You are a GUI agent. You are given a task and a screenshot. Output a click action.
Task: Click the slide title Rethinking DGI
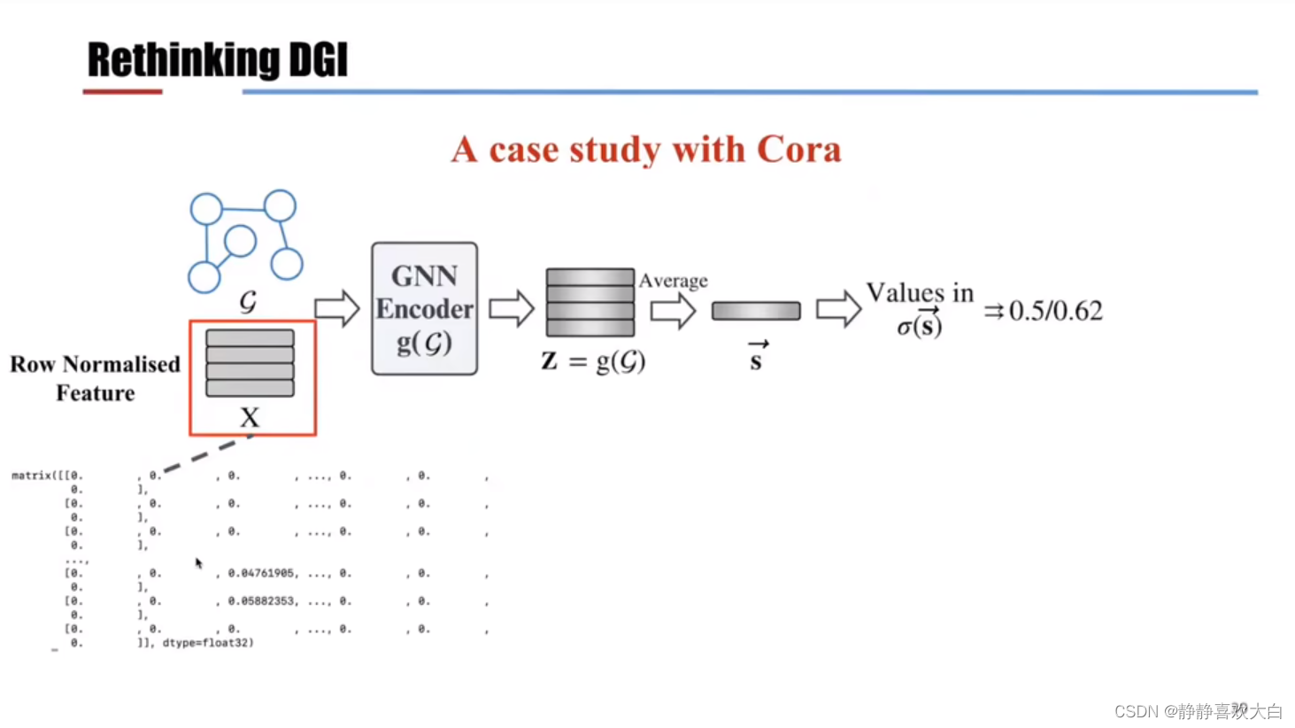(x=217, y=60)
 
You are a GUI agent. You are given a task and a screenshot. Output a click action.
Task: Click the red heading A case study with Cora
(x=645, y=150)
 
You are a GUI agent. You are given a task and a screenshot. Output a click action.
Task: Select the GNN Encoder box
(x=424, y=308)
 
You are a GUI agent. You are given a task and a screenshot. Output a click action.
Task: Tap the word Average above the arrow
(x=673, y=281)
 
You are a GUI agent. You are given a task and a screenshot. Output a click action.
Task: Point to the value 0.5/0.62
(x=1055, y=311)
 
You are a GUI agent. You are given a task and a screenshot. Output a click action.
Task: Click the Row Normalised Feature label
(x=95, y=378)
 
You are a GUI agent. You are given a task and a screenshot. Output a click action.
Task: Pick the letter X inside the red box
(x=250, y=417)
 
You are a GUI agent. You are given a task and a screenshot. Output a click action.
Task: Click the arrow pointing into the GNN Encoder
(x=336, y=309)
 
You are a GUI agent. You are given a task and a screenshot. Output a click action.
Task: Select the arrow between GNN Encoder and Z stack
(x=511, y=309)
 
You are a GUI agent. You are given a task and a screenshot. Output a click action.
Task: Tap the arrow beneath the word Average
(x=673, y=311)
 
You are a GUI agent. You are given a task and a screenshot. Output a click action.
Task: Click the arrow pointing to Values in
(x=837, y=309)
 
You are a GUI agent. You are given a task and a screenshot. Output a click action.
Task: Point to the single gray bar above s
(x=755, y=311)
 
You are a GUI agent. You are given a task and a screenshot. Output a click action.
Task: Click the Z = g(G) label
(x=593, y=361)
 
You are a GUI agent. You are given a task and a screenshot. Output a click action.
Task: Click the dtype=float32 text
(x=207, y=643)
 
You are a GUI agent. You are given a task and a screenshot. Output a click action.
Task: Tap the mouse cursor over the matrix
(x=198, y=562)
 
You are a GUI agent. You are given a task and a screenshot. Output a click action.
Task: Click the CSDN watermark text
(x=1198, y=711)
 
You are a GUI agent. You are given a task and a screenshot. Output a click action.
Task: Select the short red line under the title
(x=122, y=91)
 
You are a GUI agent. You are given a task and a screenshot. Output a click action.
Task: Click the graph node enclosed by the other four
(x=240, y=240)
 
